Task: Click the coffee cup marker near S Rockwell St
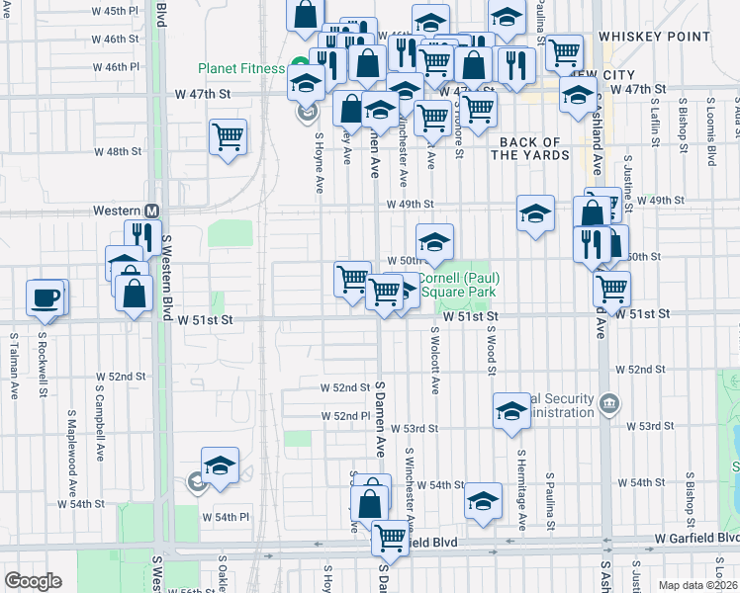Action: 45,296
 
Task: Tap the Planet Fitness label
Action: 241,69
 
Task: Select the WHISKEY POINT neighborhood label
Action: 662,37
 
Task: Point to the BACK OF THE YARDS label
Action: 529,148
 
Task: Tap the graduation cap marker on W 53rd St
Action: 511,410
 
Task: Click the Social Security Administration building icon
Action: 609,403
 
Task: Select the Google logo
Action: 32,580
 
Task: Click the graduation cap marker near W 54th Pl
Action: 220,465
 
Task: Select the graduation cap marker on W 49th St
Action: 535,212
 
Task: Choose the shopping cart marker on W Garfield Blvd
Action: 390,538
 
